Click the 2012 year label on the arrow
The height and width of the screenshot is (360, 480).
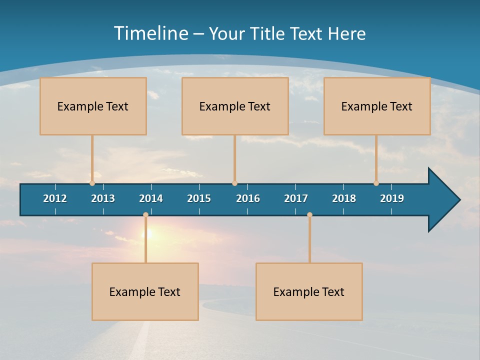point(55,198)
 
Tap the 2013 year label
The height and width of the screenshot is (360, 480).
point(103,198)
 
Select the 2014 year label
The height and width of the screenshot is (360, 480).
point(151,198)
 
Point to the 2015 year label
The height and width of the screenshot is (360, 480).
point(199,198)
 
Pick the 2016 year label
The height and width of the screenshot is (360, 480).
point(248,198)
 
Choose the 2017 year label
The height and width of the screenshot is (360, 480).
point(296,198)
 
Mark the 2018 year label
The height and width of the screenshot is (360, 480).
point(344,198)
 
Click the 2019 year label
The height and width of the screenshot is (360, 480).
point(392,198)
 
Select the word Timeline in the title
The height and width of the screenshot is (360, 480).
point(150,33)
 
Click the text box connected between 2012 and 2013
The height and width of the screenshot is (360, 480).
point(93,106)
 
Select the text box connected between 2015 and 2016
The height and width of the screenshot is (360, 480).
point(235,106)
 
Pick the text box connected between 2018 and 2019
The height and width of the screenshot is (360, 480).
point(377,106)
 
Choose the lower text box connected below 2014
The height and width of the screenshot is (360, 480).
point(145,291)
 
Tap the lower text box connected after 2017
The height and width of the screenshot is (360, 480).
point(309,291)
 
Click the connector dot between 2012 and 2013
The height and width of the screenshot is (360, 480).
point(92,183)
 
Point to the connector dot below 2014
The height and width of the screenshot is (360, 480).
point(145,214)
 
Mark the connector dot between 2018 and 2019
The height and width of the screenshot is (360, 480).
point(376,183)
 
